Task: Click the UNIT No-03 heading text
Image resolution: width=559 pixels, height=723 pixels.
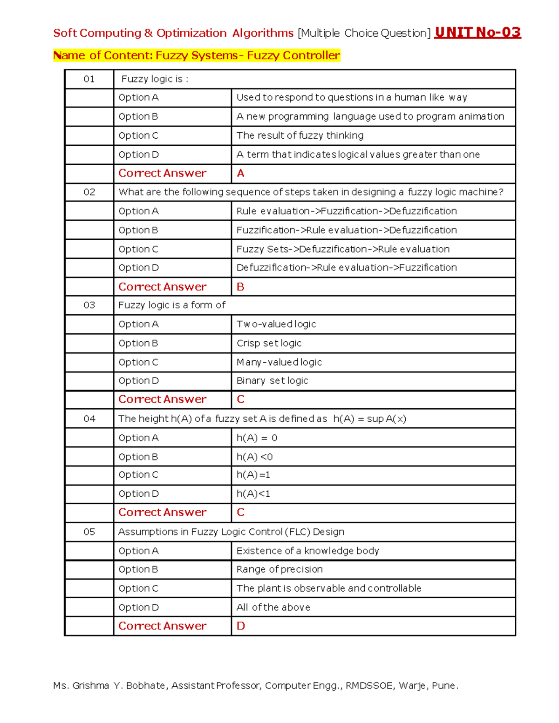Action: pos(477,33)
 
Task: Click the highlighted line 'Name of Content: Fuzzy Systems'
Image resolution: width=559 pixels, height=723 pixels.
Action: pos(197,55)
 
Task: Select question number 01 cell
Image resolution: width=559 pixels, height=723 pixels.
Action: pos(89,79)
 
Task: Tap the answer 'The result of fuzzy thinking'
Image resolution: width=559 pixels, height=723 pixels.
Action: pos(300,135)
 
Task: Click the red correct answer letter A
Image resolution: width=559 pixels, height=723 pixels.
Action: pos(240,173)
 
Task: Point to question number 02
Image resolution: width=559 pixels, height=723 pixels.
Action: pos(89,192)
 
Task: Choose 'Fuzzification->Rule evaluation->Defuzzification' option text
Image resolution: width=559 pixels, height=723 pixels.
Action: pos(346,230)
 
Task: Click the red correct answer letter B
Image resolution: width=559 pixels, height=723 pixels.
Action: pos(240,287)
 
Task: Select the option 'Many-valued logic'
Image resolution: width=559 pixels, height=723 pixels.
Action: pos(279,362)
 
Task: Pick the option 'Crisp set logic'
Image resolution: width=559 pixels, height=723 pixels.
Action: pos(269,343)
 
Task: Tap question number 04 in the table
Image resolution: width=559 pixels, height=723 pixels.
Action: pos(89,419)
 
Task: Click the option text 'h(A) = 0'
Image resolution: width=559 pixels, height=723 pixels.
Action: pos(257,438)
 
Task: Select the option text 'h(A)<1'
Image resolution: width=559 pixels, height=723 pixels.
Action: pos(253,493)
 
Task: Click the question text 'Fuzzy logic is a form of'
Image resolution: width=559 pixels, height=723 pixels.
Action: pos(171,305)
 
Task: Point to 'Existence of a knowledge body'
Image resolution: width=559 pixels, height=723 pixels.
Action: pos(307,551)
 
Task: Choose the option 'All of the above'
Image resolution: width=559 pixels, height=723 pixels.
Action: pos(273,607)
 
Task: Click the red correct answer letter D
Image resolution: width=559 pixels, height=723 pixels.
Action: pos(240,626)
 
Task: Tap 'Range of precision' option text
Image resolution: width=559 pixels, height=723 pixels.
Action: pos(279,569)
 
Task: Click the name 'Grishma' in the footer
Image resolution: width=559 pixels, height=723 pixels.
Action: pos(90,685)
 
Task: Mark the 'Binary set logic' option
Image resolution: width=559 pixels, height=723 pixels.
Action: pos(272,381)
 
